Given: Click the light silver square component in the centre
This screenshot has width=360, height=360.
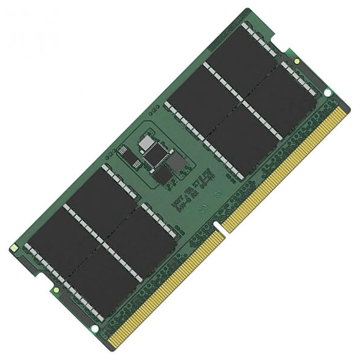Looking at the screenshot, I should tap(145, 142).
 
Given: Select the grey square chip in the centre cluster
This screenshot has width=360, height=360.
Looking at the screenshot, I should tap(175, 163).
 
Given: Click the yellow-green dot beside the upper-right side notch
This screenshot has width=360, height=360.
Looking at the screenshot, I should tap(296, 61).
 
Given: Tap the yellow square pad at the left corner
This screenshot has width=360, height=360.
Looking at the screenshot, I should tap(13, 247).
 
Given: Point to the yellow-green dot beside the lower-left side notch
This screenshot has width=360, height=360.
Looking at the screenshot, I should tap(55, 289).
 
